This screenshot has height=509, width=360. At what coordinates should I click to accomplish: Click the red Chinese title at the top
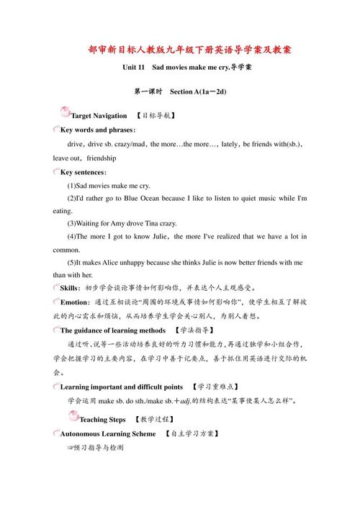pos(181,50)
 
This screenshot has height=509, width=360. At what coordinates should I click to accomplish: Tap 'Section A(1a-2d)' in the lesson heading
pos(198,92)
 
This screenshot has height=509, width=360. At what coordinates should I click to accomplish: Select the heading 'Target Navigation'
pos(99,115)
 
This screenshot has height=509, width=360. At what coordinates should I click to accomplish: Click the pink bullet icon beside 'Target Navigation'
pos(66,112)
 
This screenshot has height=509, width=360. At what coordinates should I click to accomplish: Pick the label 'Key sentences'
pos(83,173)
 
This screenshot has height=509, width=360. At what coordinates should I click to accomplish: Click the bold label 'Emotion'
pos(75,302)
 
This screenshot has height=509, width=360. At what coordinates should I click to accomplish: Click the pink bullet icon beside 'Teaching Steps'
pos(73,416)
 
